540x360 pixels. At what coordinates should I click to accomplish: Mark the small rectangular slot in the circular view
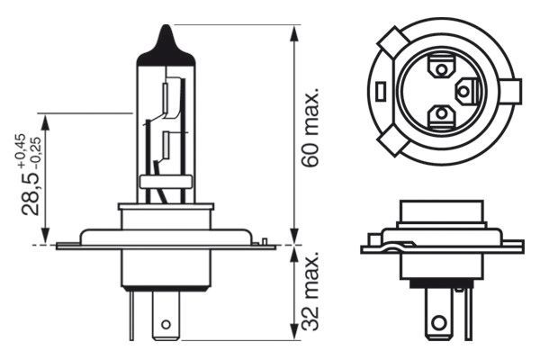coord(383,91)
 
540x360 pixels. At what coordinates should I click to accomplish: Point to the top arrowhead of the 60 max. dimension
coord(294,32)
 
